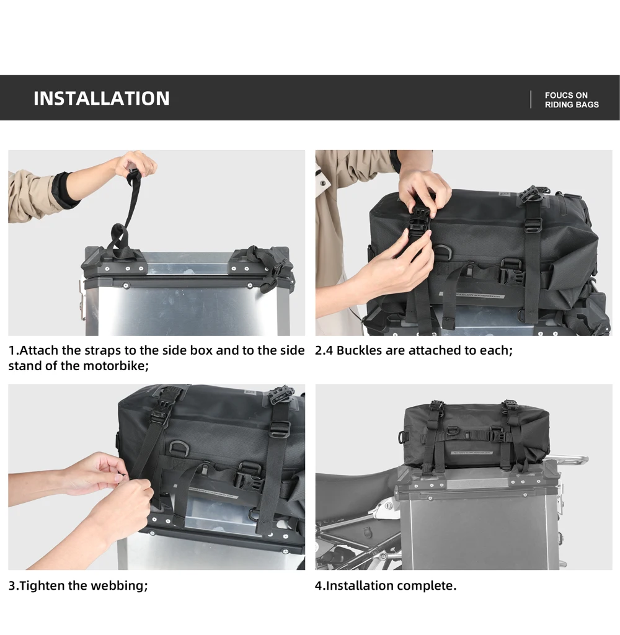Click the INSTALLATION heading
click(101, 99)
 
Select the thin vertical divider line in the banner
click(531, 100)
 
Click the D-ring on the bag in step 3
click(177, 448)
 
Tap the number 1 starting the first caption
click(11, 350)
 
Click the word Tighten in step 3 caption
click(43, 585)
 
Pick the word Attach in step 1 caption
click(39, 350)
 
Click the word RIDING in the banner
click(557, 104)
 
